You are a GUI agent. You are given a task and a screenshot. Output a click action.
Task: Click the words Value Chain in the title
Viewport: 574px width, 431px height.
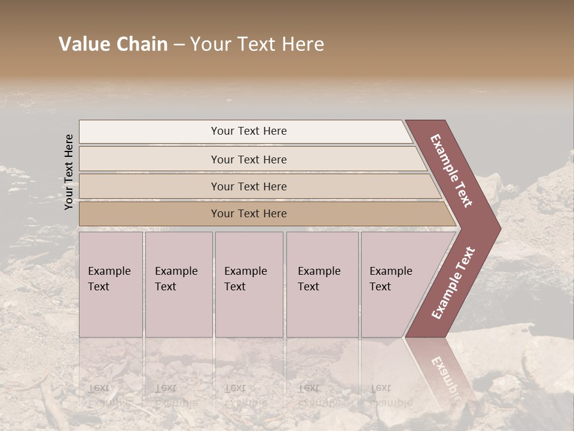(113, 44)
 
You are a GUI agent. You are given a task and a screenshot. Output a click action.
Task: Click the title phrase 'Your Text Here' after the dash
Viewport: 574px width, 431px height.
(257, 44)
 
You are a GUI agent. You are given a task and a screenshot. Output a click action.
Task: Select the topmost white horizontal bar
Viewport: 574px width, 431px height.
(149, 131)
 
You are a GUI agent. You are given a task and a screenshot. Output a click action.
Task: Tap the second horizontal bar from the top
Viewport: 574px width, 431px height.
(149, 159)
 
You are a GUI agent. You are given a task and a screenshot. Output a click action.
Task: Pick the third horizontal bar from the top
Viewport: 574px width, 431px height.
(149, 186)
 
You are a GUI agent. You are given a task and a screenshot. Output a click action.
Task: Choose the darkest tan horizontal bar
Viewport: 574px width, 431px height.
(149, 214)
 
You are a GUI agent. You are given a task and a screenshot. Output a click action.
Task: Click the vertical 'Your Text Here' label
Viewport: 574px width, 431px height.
(69, 172)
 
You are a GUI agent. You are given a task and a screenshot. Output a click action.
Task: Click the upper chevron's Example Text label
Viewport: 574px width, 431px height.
(451, 171)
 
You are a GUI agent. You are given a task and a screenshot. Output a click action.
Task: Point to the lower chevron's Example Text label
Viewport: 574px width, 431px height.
(453, 283)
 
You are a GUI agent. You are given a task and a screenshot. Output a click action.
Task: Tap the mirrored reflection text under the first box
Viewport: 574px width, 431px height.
(109, 395)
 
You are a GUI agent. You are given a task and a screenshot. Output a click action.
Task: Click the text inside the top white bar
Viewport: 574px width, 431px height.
(249, 131)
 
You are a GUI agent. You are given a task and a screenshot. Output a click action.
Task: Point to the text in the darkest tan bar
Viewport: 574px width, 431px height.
(249, 214)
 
